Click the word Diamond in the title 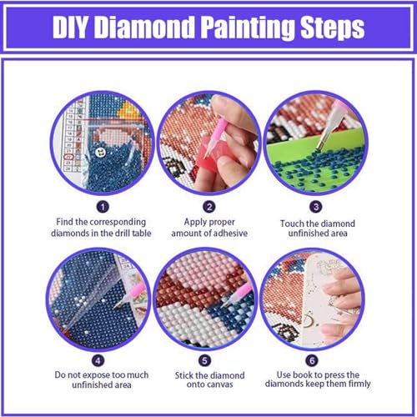tap(147, 28)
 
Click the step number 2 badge tap(209, 204)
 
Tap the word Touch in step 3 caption tap(296, 224)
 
